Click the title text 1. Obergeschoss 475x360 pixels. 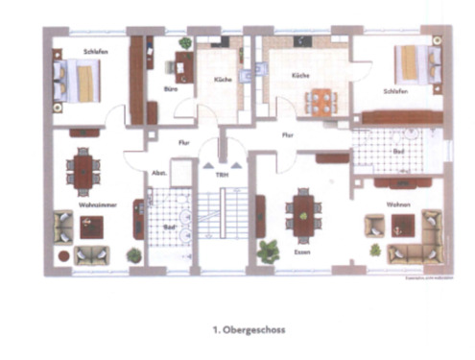coord(248,327)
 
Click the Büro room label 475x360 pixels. coord(171,89)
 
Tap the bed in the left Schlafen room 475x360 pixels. coord(80,80)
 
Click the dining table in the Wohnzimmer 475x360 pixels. coord(83,171)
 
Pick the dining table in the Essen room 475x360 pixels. coord(303,215)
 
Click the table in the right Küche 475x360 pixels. coord(318,98)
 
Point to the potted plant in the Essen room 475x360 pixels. coord(267,251)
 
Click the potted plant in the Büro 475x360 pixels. coord(185,43)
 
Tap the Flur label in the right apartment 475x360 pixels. coord(287,136)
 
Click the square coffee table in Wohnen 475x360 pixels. coord(402,224)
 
